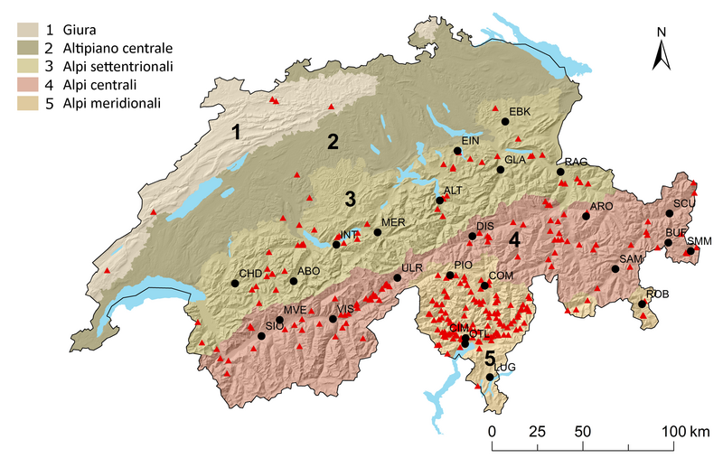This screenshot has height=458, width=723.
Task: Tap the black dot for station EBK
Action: click(504, 120)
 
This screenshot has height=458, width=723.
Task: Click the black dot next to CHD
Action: click(235, 283)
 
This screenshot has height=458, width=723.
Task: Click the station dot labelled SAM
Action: click(618, 268)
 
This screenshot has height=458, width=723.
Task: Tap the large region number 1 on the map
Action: click(236, 134)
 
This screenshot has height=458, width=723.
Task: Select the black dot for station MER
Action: click(378, 232)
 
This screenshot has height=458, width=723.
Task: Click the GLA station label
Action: click(515, 160)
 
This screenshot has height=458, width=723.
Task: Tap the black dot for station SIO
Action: click(261, 336)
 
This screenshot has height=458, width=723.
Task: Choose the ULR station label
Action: click(413, 268)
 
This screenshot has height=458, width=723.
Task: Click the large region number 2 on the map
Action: click(333, 142)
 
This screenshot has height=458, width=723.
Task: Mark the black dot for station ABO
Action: click(294, 281)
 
